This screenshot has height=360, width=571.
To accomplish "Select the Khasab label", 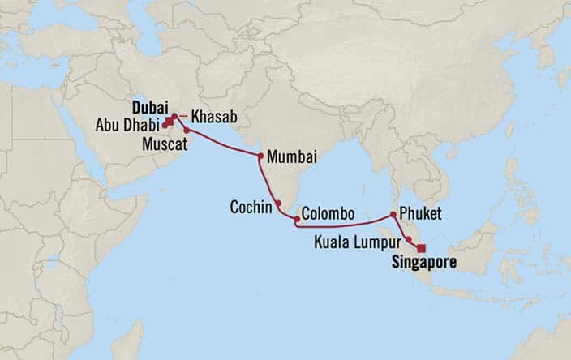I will (x=215, y=118).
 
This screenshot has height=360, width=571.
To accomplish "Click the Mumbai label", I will (x=291, y=156).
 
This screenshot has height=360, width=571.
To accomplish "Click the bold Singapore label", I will (x=424, y=263).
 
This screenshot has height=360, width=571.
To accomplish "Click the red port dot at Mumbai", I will (x=260, y=156).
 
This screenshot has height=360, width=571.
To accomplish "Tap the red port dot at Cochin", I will (x=278, y=204).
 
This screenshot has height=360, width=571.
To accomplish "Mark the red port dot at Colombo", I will (x=297, y=219).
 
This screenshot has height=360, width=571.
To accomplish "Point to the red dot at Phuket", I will (x=393, y=215).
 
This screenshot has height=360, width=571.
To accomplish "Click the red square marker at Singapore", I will (x=420, y=249).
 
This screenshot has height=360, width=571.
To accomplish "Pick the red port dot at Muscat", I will (x=187, y=131).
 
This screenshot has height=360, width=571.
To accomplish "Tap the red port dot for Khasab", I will (x=174, y=117).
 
